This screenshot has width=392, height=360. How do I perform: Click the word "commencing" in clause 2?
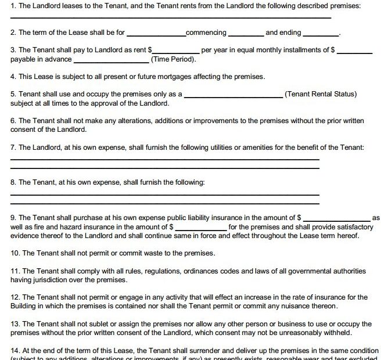tap(206, 33)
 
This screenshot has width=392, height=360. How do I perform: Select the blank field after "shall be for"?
tap(156, 34)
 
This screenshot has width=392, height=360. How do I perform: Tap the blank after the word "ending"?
tap(321, 34)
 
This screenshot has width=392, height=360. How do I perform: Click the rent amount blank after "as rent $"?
tap(176, 52)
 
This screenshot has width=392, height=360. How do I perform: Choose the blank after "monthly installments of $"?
tap(354, 52)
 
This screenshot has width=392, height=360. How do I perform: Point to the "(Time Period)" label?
tap(173, 59)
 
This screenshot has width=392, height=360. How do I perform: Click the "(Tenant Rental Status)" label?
tap(321, 94)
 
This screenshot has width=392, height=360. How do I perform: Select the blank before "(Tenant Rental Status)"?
tap(233, 95)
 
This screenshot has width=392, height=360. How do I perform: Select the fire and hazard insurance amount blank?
tap(201, 228)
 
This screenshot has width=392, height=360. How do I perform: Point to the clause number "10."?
tap(16, 253)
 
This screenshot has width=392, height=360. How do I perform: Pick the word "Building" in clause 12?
tap(24, 306)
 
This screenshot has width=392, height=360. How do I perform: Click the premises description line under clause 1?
tap(171, 17)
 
